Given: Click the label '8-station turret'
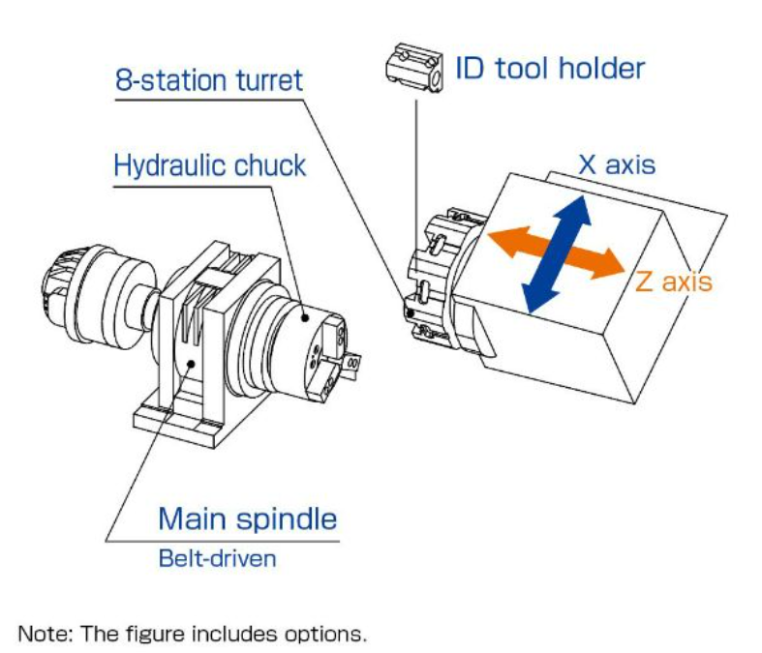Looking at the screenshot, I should pos(208,78).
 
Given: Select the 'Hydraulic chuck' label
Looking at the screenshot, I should pos(209,165).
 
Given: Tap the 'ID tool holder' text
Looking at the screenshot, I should pos(549,69).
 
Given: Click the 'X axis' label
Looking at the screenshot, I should pos(616,163).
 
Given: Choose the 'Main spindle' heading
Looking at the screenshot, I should pos(248,519).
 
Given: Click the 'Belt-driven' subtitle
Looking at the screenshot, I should pos(217,558).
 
